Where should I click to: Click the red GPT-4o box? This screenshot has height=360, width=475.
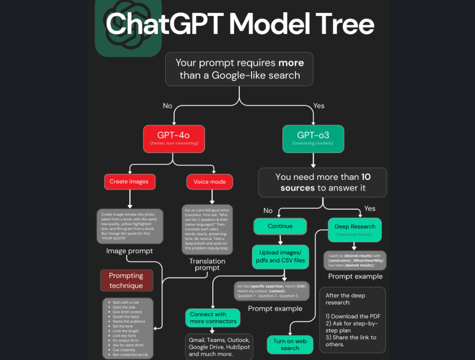(173, 139)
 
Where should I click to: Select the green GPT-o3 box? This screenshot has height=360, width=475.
(313, 139)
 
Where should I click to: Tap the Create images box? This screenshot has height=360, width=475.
(129, 182)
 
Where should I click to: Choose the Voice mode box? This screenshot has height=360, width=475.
(210, 182)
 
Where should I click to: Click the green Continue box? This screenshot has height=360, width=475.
(280, 226)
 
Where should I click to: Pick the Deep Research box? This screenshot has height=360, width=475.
(355, 229)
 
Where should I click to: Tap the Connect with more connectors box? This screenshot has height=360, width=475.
(212, 318)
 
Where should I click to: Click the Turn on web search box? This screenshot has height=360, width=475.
(290, 345)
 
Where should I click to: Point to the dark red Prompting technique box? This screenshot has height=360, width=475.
(126, 281)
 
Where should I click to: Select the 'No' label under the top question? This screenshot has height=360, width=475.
(167, 106)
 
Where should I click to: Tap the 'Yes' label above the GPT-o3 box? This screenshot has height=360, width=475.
(319, 106)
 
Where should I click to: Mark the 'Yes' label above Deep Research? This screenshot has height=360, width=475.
(370, 209)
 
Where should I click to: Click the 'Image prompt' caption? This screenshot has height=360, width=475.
(129, 251)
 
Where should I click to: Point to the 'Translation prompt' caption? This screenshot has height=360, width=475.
(207, 264)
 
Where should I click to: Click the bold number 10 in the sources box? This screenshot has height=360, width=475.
(366, 177)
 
